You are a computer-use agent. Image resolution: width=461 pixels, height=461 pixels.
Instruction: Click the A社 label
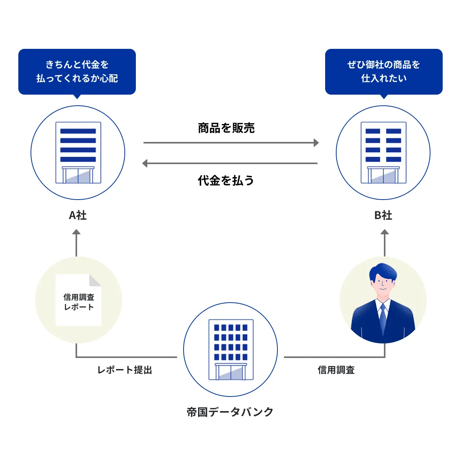pos(78,216)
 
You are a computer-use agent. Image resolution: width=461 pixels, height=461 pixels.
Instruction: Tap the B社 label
pos(383,216)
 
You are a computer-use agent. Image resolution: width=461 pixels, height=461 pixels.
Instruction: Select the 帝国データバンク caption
pos(230,412)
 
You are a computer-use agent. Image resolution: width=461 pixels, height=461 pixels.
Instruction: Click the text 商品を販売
pos(226,128)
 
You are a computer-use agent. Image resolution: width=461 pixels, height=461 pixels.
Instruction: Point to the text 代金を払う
pos(226,181)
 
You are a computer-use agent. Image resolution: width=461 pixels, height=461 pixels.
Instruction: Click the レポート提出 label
pos(125,370)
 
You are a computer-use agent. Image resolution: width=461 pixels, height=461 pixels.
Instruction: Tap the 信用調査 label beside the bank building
pos(336,370)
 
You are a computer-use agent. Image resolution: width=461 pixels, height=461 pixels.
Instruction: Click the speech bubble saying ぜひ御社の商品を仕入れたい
pos(384,71)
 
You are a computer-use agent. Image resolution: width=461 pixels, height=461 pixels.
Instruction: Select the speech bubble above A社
pos(77,71)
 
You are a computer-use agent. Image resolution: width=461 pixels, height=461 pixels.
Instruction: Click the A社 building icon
pos(78,153)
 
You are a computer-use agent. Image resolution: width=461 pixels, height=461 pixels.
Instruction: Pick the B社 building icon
pos(384,153)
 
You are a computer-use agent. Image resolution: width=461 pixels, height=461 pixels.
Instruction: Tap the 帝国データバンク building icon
pos(231,350)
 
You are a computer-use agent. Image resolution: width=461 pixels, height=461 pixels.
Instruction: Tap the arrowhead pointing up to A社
pos(76,232)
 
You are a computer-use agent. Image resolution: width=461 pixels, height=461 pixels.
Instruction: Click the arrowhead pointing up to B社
pos(385,232)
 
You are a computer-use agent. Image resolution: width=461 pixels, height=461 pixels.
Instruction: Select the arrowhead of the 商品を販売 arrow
pos(316,143)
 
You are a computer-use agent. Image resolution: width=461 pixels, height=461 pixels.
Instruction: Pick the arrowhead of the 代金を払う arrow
pos(145,163)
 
